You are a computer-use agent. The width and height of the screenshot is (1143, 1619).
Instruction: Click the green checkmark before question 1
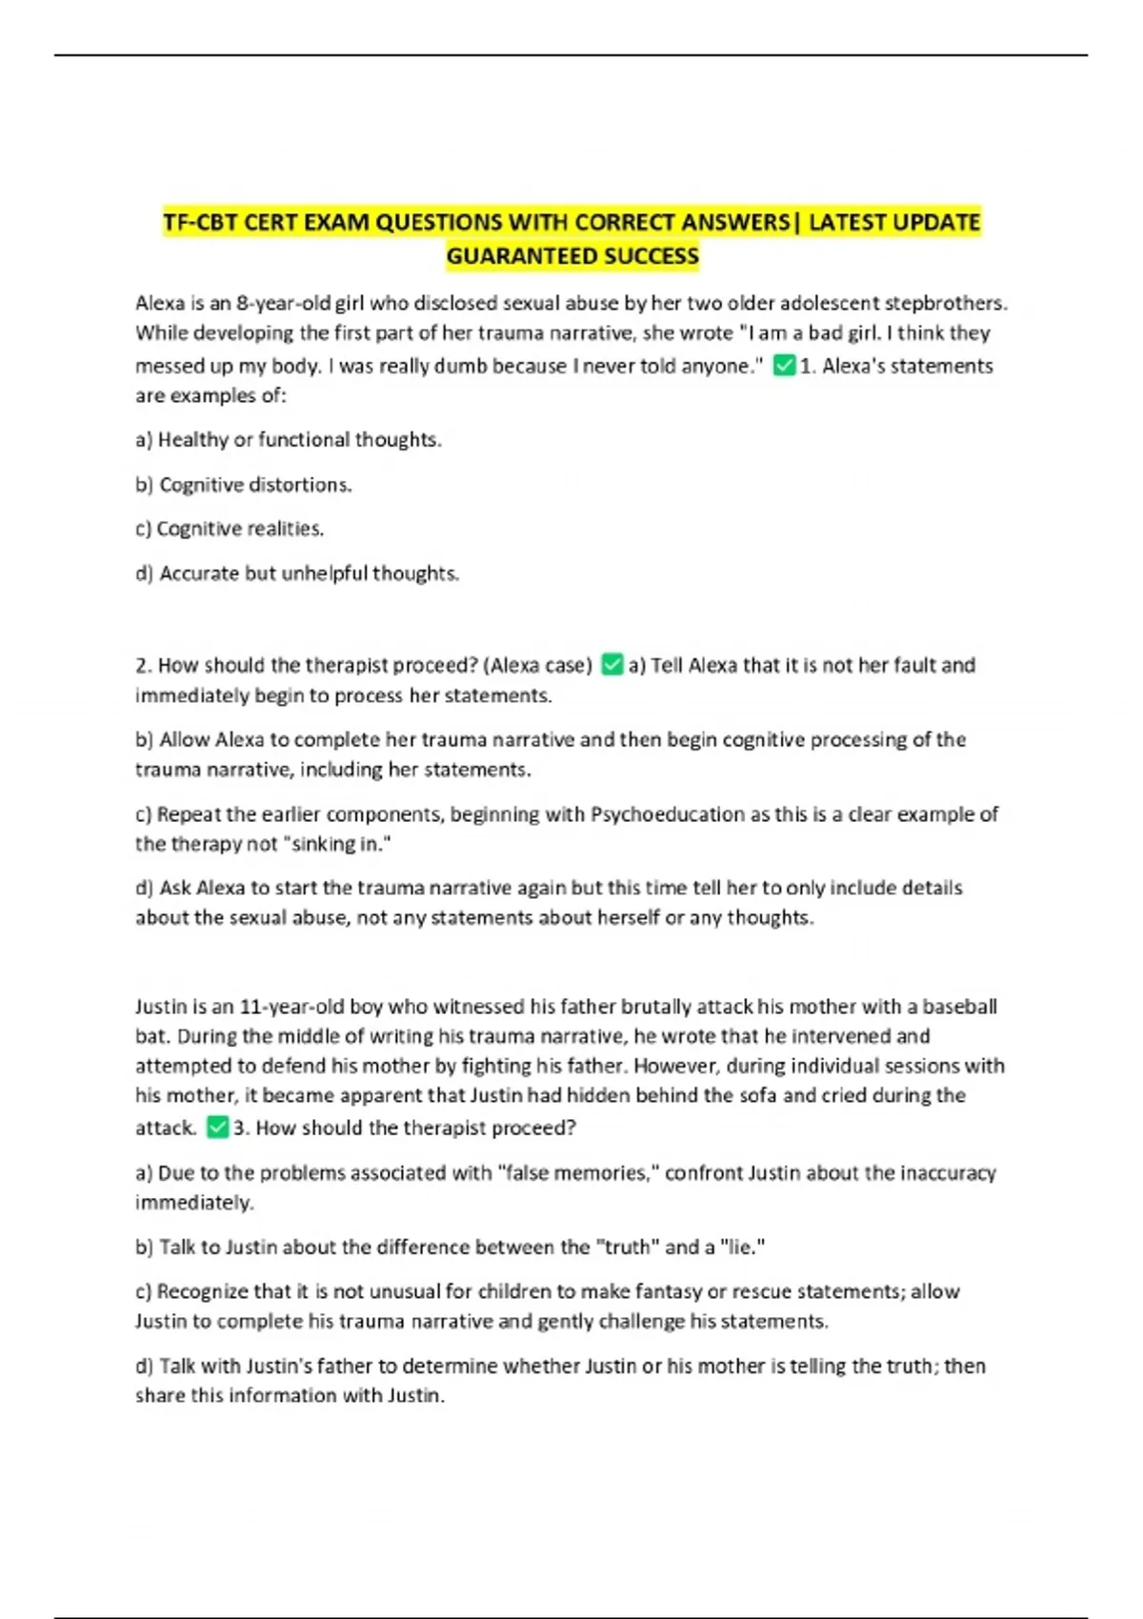[784, 366]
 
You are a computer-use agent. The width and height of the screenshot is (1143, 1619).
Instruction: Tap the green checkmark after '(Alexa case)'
[612, 665]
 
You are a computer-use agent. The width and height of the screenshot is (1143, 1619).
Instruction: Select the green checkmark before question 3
[217, 1128]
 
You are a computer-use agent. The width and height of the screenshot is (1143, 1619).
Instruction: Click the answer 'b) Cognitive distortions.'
[244, 485]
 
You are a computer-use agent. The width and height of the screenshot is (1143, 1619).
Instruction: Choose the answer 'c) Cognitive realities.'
[230, 529]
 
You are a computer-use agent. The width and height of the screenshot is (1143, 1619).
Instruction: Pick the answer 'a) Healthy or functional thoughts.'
[289, 440]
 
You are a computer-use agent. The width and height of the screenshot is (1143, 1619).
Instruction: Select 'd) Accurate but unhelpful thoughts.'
[297, 573]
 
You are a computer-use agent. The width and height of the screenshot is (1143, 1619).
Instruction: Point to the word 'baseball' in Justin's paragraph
[959, 1007]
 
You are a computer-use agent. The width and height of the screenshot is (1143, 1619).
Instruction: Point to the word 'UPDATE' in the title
[935, 223]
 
